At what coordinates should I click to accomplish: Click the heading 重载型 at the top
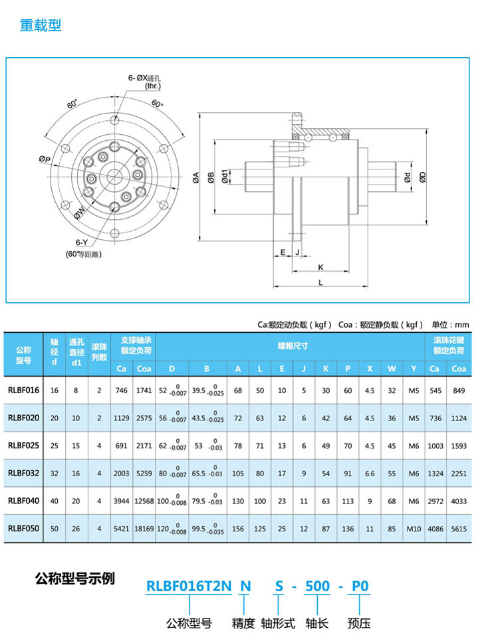point(40,26)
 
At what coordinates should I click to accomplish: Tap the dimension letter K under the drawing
point(320,267)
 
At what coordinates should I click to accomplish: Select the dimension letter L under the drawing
point(320,282)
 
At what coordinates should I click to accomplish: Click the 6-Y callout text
point(82,242)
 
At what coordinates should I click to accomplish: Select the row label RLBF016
point(24,391)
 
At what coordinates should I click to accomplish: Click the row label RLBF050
point(24,528)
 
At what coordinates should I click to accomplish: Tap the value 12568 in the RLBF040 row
point(144,500)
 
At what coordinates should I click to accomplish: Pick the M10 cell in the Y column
point(414,528)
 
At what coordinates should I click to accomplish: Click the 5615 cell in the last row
point(458,528)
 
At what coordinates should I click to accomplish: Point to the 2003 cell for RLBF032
point(121,473)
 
